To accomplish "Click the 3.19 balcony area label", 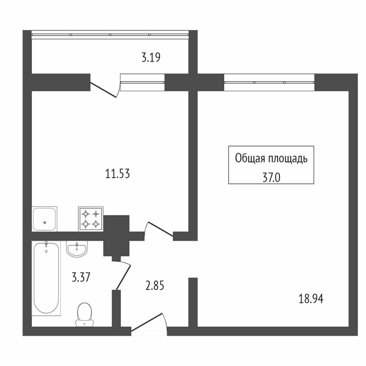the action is coord(151,57).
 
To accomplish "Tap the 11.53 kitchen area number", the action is coord(117,174).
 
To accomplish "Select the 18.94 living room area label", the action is coord(311,299).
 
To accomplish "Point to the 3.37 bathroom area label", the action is coord(81,277).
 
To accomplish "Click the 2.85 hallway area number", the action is coord(154,286).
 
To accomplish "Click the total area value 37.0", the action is coord(271,178).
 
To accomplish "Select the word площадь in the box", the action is coord(288,159).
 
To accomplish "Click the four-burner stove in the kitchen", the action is coord(91,219).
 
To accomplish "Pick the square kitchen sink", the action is coord(44,219).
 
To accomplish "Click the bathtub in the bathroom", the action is coord(46,278).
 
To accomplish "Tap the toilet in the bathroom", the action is coord(84,315).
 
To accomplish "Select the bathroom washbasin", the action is coord(77,249).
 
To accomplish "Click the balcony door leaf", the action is coord(103,90).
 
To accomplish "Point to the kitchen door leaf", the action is coord(161,229).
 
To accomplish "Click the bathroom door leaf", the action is coord(123,277).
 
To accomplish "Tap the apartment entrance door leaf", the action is coord(146,322).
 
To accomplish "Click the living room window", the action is coord(269,82).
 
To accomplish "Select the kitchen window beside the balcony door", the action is coord(142,82).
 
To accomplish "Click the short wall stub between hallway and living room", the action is coord(193,302).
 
